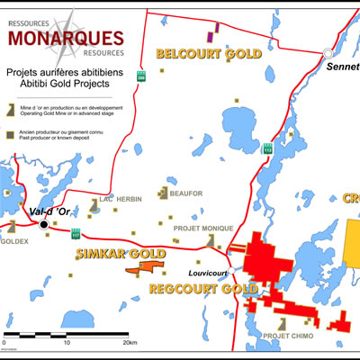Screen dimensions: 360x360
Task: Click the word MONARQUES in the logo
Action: pos(64,37)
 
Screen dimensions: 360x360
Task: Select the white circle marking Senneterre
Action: pos(328,54)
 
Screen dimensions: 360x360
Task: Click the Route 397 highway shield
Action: pos(140,78)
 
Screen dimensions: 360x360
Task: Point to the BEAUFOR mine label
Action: pos(184,193)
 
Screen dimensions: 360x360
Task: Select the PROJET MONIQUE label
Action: pos(202,229)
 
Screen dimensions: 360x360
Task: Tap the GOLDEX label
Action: pos(16,242)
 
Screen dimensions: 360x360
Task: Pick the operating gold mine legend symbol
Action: pos(10,108)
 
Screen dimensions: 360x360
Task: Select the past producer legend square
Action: pos(10,135)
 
